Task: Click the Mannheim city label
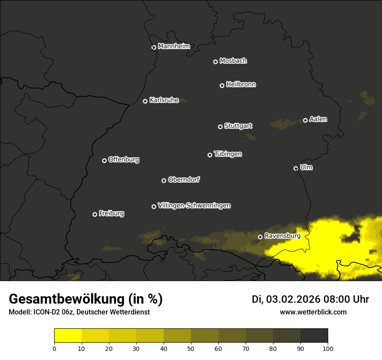(x=174, y=46)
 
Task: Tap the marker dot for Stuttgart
(x=220, y=127)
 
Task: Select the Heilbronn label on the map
(x=241, y=85)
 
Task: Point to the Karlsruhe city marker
(x=145, y=101)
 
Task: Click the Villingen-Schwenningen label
(x=194, y=206)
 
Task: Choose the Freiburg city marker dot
(x=95, y=214)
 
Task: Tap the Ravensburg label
(x=282, y=236)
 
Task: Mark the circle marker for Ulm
(x=296, y=168)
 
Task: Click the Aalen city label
(x=318, y=119)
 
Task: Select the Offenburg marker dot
(x=104, y=160)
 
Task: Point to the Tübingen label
(x=228, y=154)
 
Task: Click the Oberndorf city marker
(x=164, y=180)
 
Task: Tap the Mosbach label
(x=233, y=61)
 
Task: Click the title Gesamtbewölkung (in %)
(x=86, y=299)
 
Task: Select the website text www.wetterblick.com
(x=313, y=312)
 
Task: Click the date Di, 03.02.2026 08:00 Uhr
(x=310, y=299)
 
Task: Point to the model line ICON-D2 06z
(x=79, y=312)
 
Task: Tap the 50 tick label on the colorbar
(x=191, y=348)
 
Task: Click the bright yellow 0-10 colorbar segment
(x=68, y=336)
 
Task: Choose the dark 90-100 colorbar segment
(x=314, y=336)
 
